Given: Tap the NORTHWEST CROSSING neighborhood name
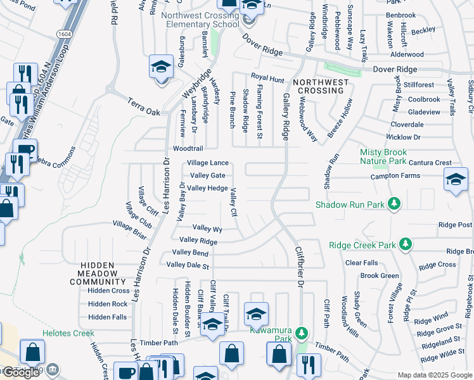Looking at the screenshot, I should click(x=321, y=87).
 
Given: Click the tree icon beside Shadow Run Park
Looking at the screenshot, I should click(x=394, y=204).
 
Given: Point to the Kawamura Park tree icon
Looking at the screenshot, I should click(x=302, y=332).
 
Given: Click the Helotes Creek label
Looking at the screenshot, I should click(x=68, y=333).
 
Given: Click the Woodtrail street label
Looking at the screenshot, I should click(x=188, y=149).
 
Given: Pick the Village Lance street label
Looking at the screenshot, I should click(x=207, y=163).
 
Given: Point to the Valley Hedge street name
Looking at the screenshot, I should click(x=207, y=188).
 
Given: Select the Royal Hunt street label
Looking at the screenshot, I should click(x=267, y=79).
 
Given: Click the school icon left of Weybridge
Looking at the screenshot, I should click(x=161, y=66).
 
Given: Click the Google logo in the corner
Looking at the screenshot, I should click(x=21, y=372).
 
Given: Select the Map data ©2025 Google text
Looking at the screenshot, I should click(x=434, y=375).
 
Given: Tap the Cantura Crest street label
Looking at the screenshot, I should click(x=430, y=163).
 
